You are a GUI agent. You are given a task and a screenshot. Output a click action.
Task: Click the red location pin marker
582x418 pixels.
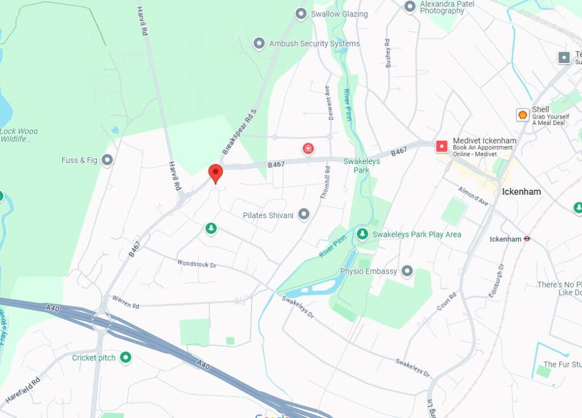(x=215, y=173)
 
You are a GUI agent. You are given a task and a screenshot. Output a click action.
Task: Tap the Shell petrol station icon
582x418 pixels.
(x=522, y=115)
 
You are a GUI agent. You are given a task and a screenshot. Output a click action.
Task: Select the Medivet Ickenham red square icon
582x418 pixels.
(x=442, y=147)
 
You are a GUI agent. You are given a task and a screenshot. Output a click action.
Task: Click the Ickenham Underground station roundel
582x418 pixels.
(x=527, y=239)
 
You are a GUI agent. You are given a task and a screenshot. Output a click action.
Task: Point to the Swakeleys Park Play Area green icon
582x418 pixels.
(x=362, y=234)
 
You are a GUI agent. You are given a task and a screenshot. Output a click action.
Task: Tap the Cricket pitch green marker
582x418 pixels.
(x=126, y=357)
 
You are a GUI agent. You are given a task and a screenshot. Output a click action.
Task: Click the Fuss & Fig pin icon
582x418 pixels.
(x=107, y=160)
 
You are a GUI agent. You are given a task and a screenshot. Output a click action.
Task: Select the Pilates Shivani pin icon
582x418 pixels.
(x=304, y=214)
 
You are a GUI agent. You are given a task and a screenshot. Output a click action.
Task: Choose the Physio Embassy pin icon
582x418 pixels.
(x=407, y=271)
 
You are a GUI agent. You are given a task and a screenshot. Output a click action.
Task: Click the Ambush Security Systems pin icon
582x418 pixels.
(x=259, y=43)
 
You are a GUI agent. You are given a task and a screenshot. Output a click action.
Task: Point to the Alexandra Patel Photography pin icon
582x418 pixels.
(x=410, y=6)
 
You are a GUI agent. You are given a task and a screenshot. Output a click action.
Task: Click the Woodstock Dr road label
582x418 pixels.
(x=197, y=264)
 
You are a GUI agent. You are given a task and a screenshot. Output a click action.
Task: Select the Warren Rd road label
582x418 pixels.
(x=126, y=302)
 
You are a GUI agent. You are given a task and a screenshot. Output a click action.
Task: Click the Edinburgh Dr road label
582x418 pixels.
(x=496, y=281)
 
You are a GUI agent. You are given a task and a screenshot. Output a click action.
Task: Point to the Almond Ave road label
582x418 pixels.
(x=473, y=196)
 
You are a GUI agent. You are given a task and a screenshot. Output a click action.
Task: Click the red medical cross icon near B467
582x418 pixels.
(x=308, y=149)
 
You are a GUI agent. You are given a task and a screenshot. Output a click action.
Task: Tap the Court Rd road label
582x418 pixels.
(x=447, y=304)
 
